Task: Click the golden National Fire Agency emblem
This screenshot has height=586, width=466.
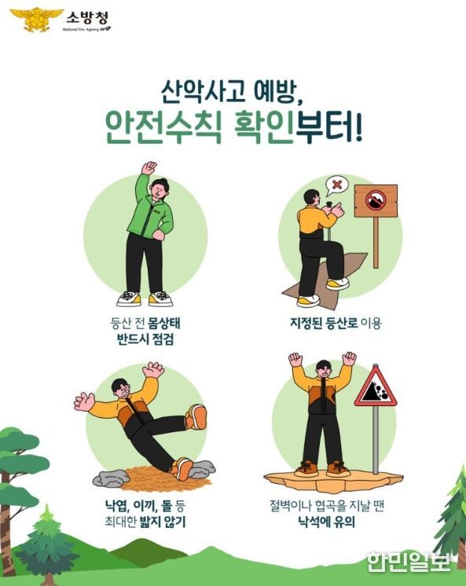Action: tap(36, 19)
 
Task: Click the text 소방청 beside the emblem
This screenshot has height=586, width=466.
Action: tap(87, 17)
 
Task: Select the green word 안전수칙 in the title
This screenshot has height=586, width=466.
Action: tap(164, 129)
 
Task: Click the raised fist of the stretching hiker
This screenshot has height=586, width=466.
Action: tap(149, 168)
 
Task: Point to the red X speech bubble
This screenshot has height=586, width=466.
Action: tap(336, 185)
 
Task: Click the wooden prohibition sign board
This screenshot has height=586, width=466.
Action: tap(376, 200)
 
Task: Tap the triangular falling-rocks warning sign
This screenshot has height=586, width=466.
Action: tap(376, 387)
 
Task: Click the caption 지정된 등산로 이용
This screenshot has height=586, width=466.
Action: tap(336, 323)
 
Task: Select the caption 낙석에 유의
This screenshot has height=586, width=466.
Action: tap(326, 522)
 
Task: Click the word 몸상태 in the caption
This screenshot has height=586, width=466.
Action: tap(163, 323)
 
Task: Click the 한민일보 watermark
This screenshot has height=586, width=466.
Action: tap(409, 562)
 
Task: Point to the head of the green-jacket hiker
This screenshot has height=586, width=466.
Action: tap(160, 189)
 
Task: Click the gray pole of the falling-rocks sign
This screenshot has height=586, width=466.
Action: tap(376, 440)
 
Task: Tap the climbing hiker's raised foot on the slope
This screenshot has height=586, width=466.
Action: tap(338, 284)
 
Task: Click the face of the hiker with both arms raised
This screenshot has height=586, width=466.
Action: tap(324, 372)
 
